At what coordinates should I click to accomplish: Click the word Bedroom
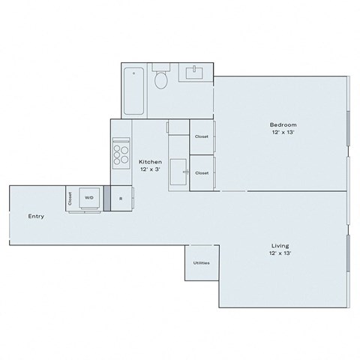(x=284, y=124)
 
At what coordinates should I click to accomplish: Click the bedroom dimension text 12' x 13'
(x=284, y=133)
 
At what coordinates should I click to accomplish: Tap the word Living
(x=280, y=245)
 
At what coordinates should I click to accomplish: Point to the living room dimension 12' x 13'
(x=280, y=254)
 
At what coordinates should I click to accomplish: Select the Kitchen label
(x=150, y=161)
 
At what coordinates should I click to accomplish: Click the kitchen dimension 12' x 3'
(x=150, y=170)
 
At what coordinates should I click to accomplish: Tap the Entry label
(x=36, y=217)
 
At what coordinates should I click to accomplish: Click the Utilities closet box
(x=201, y=263)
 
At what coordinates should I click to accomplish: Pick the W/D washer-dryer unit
(x=89, y=198)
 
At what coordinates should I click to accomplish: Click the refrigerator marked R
(x=121, y=198)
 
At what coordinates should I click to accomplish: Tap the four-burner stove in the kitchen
(x=121, y=154)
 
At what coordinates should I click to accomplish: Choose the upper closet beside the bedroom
(x=202, y=136)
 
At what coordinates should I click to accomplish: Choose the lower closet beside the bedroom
(x=202, y=172)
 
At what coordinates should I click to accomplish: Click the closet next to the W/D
(x=70, y=198)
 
